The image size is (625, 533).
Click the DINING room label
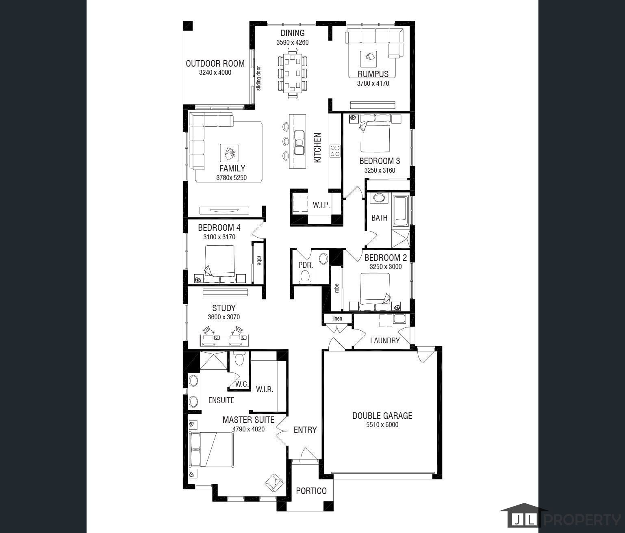292,33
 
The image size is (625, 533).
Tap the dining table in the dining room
292,73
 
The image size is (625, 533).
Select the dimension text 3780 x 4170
373,83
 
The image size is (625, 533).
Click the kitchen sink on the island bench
299,143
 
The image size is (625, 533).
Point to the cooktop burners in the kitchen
335,151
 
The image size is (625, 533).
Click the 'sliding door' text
258,78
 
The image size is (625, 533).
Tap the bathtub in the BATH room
401,211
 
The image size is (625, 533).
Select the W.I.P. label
321,205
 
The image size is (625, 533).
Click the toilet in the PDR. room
305,277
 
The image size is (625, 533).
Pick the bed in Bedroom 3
375,133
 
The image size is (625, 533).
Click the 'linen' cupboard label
337,318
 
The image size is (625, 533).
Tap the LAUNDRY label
385,341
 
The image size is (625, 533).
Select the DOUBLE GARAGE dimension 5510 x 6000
382,425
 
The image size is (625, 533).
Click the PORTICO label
311,491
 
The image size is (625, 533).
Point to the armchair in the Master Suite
274,483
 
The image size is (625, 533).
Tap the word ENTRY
305,430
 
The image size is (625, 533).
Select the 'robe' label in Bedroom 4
259,260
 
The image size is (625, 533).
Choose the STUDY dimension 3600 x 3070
224,317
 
